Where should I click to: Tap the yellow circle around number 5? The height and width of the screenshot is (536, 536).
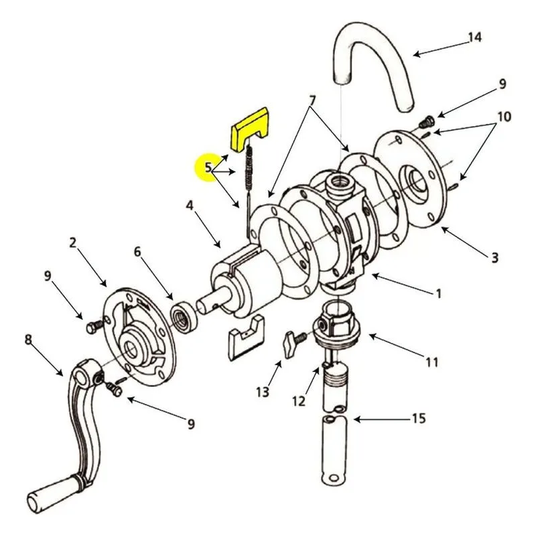point(207,167)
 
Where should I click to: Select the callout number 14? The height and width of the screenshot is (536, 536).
point(474,37)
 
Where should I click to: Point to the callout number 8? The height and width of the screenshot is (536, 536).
point(28,340)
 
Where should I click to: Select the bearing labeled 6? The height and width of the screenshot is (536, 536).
point(185,316)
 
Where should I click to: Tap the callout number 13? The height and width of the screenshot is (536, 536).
point(263,392)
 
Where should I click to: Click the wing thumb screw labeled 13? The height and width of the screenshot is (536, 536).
point(293,344)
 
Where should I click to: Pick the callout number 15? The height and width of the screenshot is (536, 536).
point(418,418)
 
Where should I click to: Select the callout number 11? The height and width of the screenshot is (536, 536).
point(431,362)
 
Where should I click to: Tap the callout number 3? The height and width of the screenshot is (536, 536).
point(494,257)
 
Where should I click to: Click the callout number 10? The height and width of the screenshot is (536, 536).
point(504,117)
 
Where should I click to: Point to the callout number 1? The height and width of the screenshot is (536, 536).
point(438,293)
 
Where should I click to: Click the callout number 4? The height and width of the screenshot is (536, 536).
point(190,206)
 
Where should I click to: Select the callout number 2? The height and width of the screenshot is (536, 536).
point(72,243)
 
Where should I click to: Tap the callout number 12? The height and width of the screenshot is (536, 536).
point(299,401)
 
